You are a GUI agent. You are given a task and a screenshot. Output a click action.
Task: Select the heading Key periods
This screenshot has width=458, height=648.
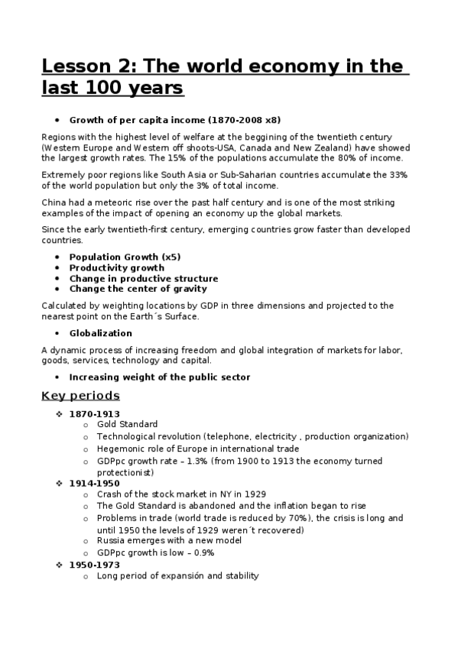point(80,396)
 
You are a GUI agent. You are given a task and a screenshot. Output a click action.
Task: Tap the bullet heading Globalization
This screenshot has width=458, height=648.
point(100,333)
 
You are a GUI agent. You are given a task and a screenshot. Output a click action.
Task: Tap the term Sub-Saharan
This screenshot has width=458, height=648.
point(253,174)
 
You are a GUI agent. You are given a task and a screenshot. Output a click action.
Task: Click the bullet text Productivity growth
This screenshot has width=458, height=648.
point(116,268)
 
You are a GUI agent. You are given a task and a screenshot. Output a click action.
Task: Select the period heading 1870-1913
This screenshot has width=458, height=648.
point(94,414)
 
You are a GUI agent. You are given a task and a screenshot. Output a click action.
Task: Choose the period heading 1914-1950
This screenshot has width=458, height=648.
point(94,484)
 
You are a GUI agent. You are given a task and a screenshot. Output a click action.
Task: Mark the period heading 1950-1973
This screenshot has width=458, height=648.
point(94,565)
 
